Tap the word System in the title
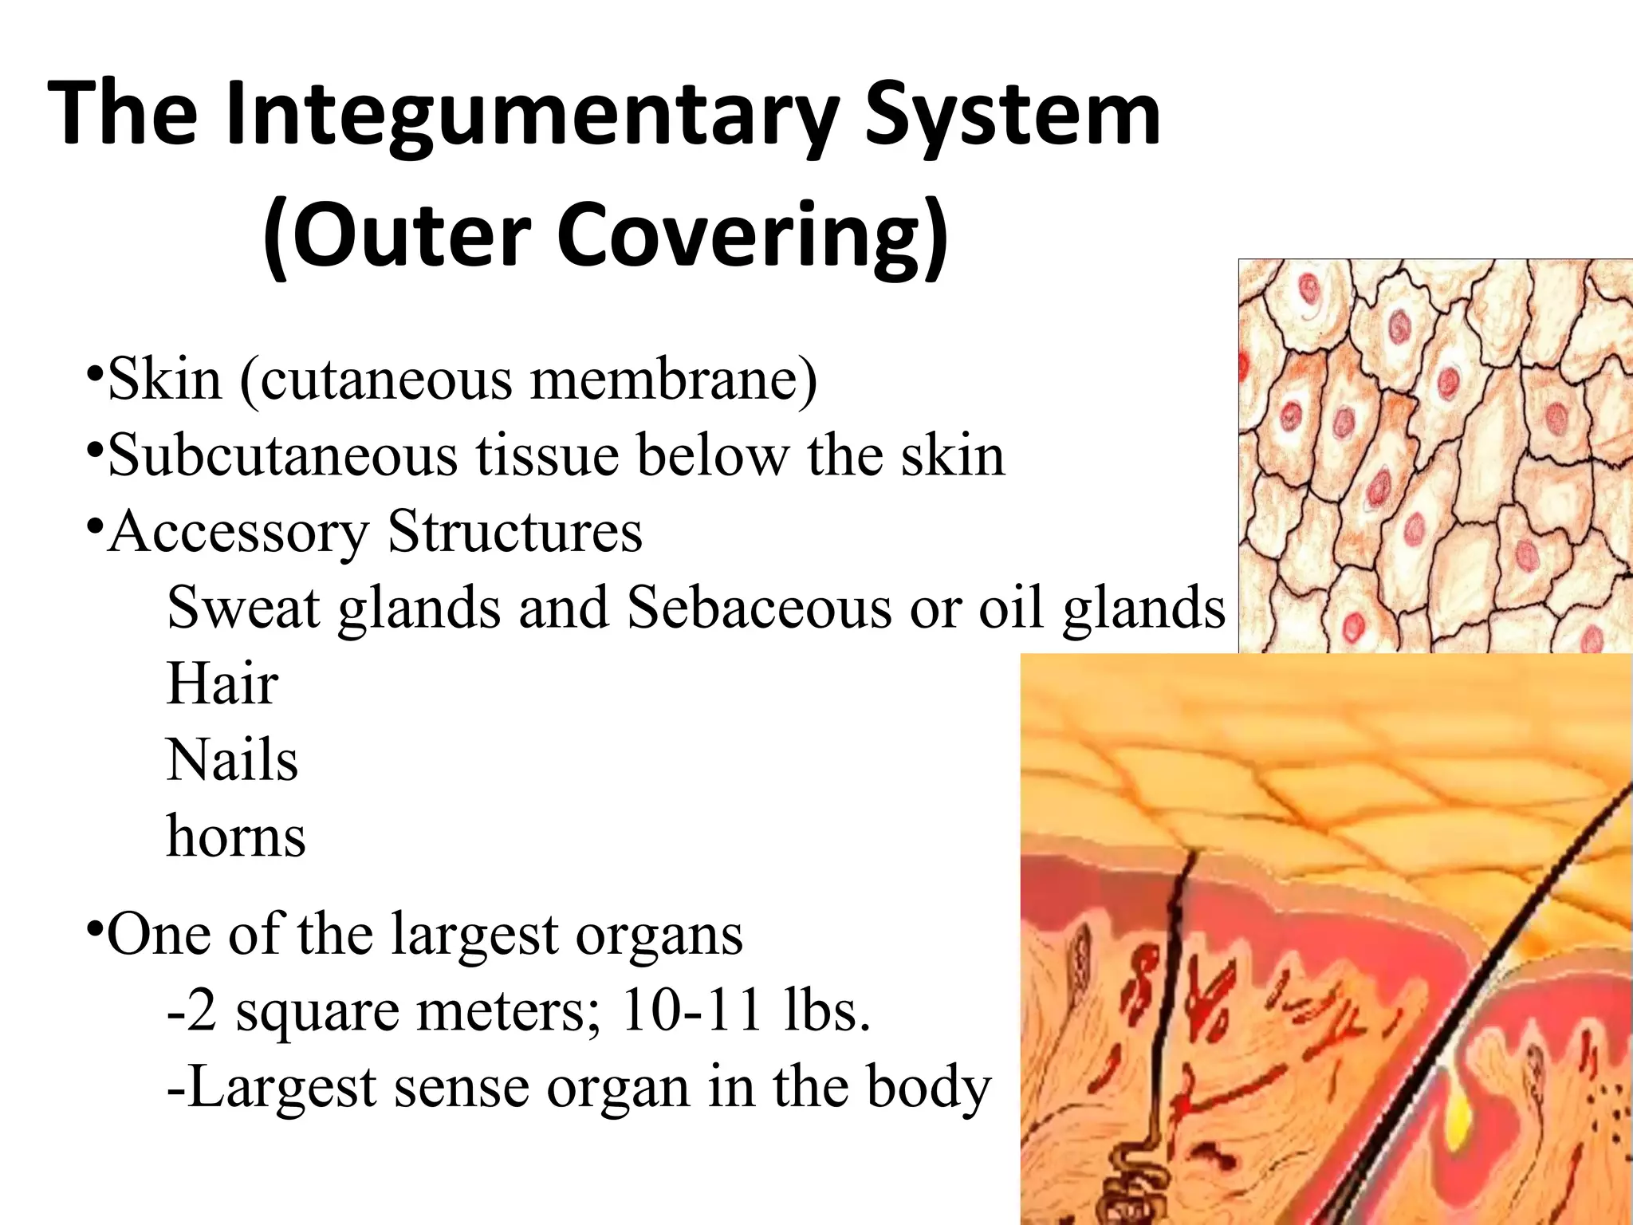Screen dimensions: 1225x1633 point(1013,116)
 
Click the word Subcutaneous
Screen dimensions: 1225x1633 point(283,456)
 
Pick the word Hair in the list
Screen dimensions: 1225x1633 point(222,684)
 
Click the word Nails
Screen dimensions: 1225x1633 point(232,760)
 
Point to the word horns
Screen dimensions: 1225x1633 point(236,837)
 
